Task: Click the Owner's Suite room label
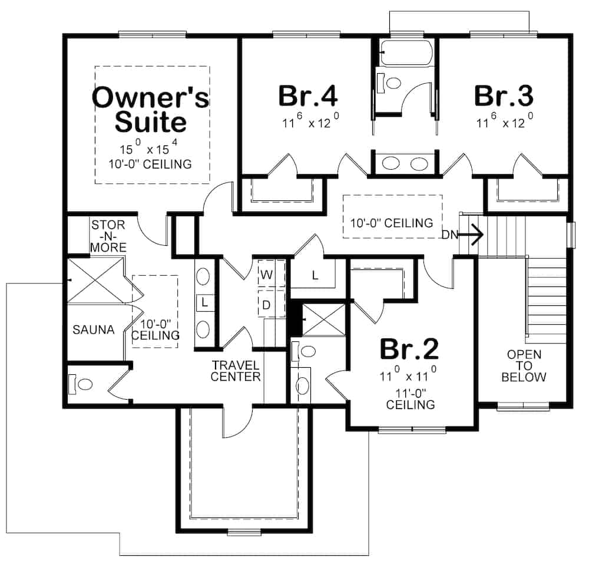[151, 110]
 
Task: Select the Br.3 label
[504, 95]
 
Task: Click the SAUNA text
[93, 330]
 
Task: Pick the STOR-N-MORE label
[108, 236]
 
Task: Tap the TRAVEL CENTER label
[236, 371]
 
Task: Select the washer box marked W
[266, 275]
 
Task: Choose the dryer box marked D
[266, 305]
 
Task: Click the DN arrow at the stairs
[465, 235]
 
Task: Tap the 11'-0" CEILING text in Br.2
[411, 399]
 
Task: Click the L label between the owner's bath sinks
[204, 302]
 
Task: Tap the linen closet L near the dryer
[315, 276]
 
